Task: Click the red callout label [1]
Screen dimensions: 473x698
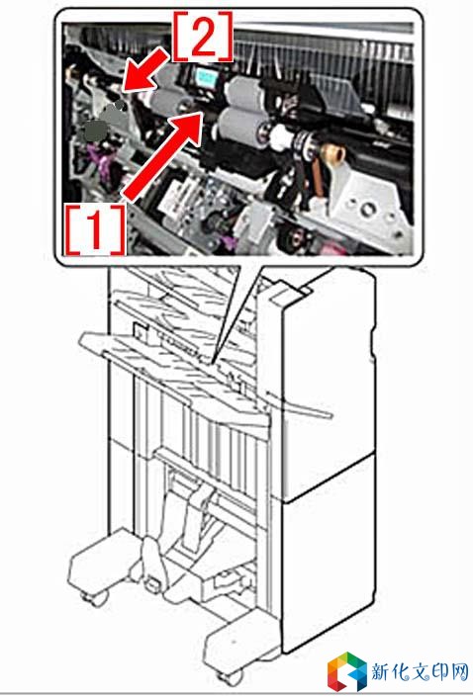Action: [x=95, y=229]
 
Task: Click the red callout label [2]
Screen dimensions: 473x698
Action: [x=203, y=36]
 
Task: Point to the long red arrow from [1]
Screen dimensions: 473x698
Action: [x=162, y=155]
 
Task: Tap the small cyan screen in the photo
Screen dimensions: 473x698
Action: [x=207, y=78]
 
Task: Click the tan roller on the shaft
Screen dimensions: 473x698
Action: [x=334, y=154]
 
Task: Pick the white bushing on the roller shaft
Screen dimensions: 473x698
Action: [x=281, y=137]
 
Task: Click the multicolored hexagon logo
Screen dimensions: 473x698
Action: [x=347, y=671]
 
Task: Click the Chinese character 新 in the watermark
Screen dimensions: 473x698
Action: [x=383, y=671]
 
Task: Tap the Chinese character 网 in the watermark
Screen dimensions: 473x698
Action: [x=458, y=671]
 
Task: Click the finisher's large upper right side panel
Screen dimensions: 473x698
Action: [x=328, y=383]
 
